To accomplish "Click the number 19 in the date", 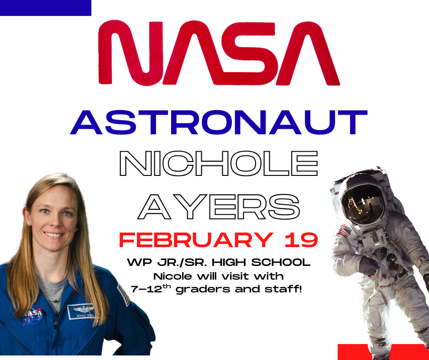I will [x=299, y=241].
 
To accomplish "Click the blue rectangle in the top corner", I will [x=46, y=8].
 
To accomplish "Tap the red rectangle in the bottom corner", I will [x=383, y=352].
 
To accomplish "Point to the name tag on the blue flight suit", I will [x=84, y=312].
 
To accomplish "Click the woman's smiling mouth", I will [x=54, y=235].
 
